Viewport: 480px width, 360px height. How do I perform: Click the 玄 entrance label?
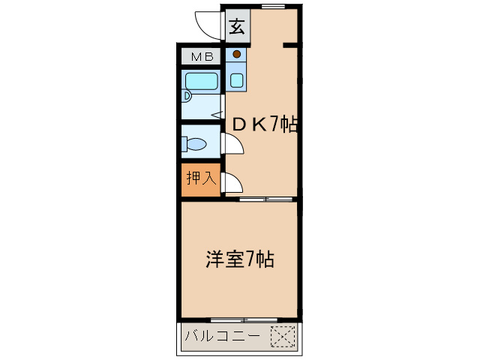[x=236, y=28]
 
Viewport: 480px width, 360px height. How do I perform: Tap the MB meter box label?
[x=201, y=57]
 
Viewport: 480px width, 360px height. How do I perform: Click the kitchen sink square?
[x=237, y=79]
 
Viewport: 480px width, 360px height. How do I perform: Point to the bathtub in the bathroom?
[x=201, y=80]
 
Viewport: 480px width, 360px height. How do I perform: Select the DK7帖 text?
[x=265, y=124]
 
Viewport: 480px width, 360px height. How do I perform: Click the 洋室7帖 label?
[x=239, y=260]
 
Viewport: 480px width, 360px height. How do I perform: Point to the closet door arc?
[x=232, y=182]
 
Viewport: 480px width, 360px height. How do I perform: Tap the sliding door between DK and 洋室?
[x=267, y=199]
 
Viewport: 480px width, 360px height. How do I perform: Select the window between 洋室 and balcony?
[x=240, y=319]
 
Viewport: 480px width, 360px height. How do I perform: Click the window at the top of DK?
[x=273, y=6]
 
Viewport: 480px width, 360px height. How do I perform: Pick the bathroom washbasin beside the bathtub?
[x=187, y=96]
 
